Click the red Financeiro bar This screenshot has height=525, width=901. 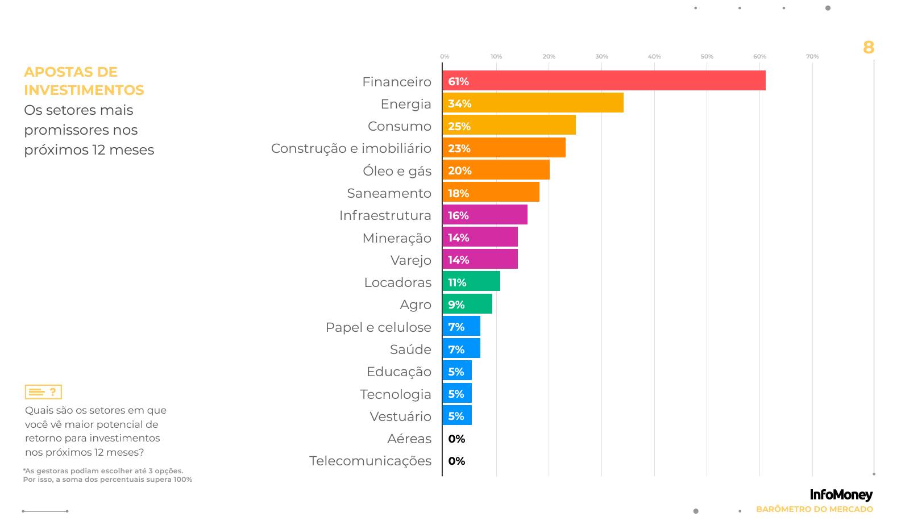tap(604, 81)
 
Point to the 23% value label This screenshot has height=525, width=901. tap(459, 148)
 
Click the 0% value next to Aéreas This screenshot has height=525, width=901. tap(456, 439)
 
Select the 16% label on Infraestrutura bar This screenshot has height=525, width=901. tap(458, 215)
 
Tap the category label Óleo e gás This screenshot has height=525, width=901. tap(397, 170)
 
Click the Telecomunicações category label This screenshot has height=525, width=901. tap(370, 461)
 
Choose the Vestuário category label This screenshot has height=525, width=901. tap(400, 416)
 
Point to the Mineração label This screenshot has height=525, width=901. tap(397, 238)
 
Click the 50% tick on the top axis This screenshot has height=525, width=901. tap(707, 56)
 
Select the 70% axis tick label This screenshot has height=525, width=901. tap(812, 56)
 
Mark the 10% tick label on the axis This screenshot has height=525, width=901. tap(496, 56)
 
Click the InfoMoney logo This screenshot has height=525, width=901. tap(841, 495)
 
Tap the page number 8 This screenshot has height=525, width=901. tap(868, 47)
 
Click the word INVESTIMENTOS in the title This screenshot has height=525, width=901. tap(84, 90)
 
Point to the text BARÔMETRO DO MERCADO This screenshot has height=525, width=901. tap(814, 509)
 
